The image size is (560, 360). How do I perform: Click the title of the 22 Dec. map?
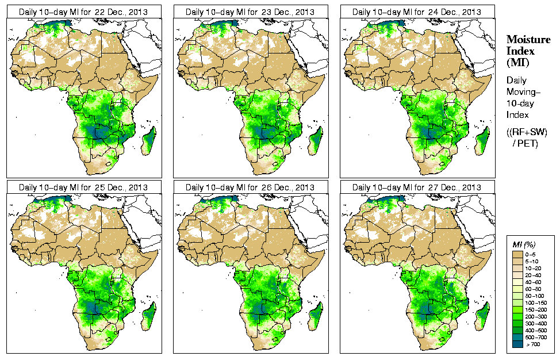[x=83, y=12]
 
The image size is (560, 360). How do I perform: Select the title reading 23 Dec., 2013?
[x=250, y=12]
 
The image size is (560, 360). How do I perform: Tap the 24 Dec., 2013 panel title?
[x=416, y=12]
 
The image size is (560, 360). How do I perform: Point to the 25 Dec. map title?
[x=83, y=187]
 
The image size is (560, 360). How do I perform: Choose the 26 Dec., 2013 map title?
[x=250, y=187]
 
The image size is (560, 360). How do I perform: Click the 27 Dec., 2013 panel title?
[x=416, y=187]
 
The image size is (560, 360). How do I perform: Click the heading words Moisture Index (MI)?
[x=527, y=51]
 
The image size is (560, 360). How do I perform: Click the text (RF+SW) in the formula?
[x=527, y=132]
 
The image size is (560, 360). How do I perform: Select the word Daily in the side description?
[x=518, y=81]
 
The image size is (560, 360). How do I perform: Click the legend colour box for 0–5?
[x=516, y=254]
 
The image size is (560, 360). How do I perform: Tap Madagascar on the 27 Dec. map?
[x=483, y=317]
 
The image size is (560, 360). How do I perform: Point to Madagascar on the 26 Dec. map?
[x=316, y=317]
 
